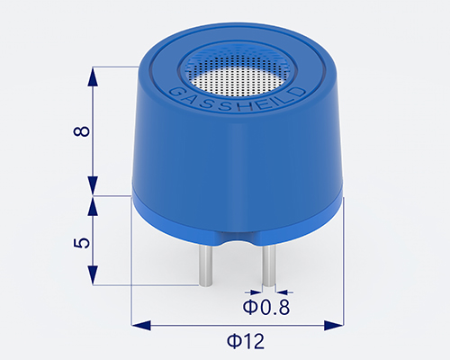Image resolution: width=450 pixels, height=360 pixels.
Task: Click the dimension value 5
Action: [x=83, y=242]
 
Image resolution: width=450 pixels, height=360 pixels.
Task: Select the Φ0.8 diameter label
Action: [x=266, y=308]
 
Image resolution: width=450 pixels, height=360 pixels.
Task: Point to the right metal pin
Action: [x=268, y=265]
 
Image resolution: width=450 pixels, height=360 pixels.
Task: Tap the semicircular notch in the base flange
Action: [x=237, y=240]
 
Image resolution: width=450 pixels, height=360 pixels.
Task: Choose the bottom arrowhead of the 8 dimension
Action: [x=93, y=186]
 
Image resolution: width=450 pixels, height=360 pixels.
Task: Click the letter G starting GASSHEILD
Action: [x=173, y=91]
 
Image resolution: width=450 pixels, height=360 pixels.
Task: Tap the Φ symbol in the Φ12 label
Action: [x=230, y=341]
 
